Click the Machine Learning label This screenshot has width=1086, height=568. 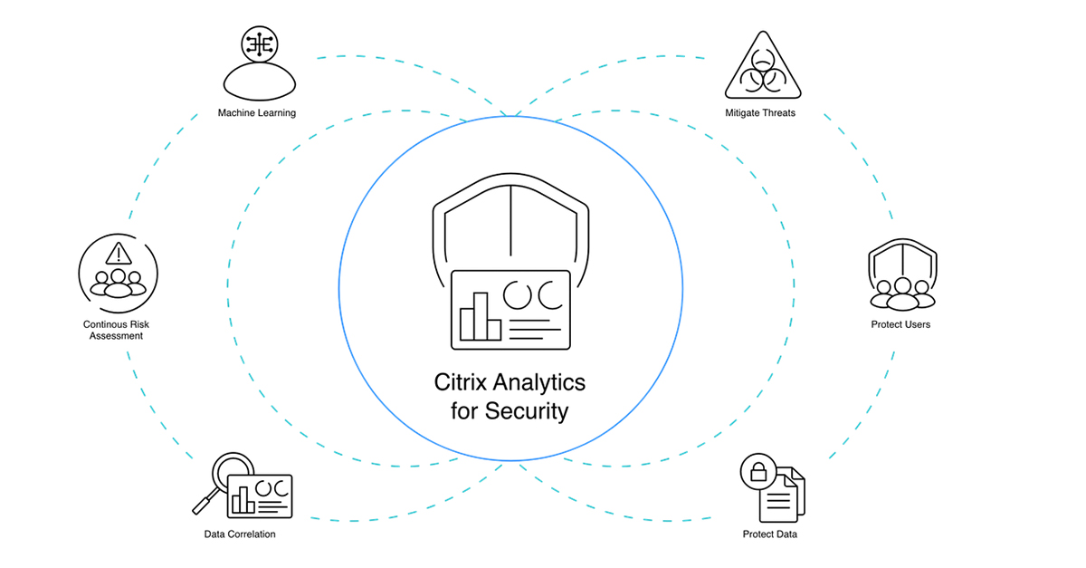[x=257, y=113]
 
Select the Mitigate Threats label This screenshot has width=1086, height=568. [x=760, y=113]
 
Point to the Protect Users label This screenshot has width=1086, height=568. [x=900, y=324]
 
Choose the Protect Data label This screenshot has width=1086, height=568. [x=769, y=534]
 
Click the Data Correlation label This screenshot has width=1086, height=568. [x=240, y=534]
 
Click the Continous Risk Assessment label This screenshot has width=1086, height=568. [x=113, y=329]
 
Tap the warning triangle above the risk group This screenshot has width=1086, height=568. [x=119, y=252]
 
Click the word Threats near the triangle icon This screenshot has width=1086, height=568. [x=777, y=113]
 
